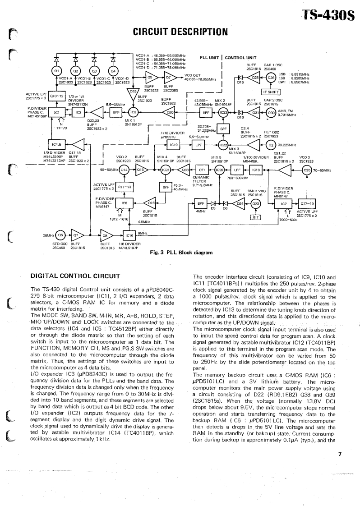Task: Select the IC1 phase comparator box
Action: [57, 112]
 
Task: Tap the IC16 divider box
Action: [129, 235]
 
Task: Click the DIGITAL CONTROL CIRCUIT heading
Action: [74, 276]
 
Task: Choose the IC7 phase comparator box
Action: [284, 204]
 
